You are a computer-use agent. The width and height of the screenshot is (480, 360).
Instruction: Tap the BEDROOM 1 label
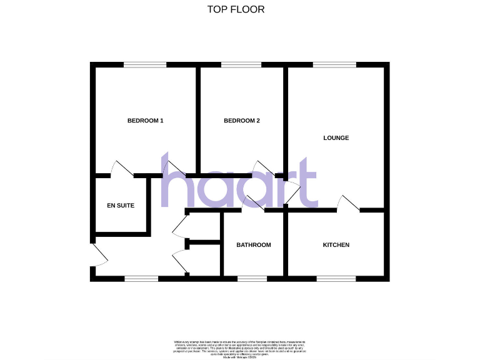(x=145, y=121)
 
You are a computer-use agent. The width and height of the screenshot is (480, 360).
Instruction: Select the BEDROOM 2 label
(x=241, y=121)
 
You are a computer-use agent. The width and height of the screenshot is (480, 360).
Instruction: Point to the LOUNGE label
(x=336, y=137)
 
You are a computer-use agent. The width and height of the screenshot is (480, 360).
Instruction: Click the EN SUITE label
(x=121, y=205)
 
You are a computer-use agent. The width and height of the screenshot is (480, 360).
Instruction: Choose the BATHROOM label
(x=253, y=245)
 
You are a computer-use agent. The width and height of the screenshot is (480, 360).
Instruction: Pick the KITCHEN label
(x=336, y=245)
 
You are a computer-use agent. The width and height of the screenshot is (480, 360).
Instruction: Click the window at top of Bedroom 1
(x=145, y=64)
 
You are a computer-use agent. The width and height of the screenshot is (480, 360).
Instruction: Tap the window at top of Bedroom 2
(x=241, y=64)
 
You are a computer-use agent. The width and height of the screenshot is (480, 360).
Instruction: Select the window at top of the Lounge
(x=334, y=64)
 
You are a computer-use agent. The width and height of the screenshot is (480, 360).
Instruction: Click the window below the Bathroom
(x=252, y=276)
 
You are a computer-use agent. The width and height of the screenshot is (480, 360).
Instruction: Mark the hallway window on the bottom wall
(x=141, y=276)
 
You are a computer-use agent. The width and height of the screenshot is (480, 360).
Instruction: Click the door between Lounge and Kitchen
(x=349, y=204)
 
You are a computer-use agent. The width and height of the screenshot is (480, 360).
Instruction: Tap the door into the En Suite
(x=121, y=168)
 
